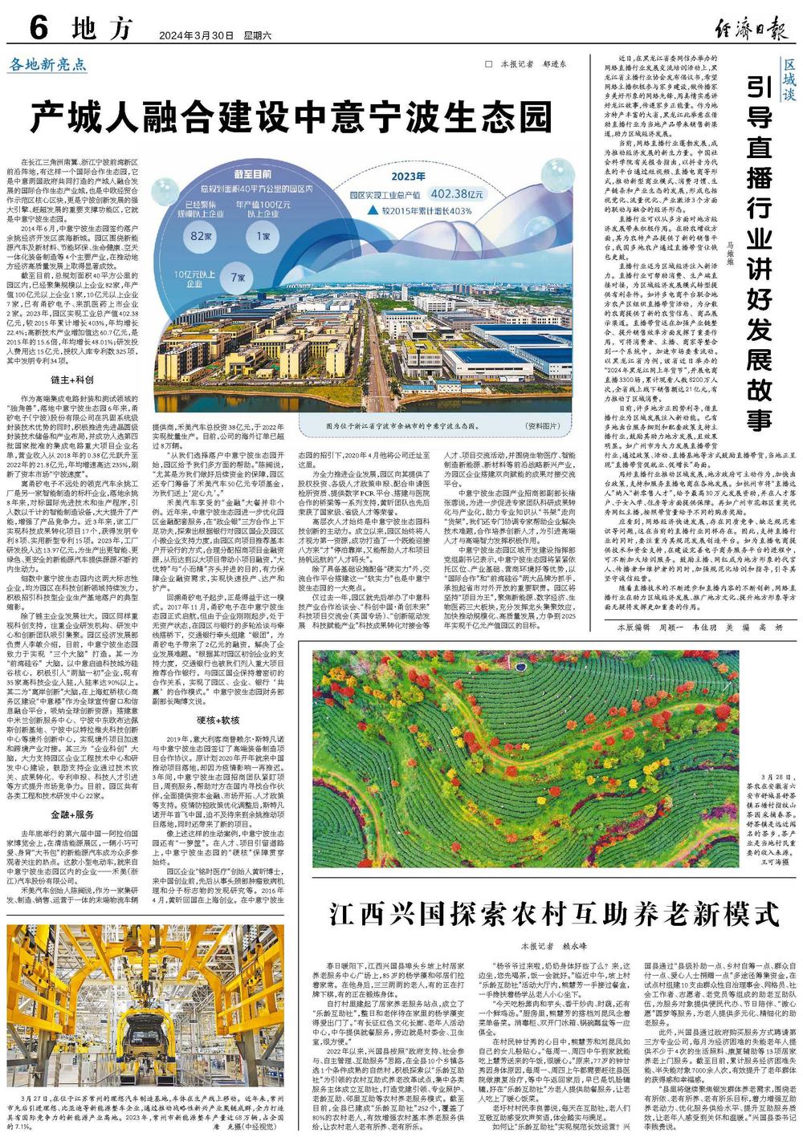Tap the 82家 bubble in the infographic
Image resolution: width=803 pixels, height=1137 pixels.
click(x=194, y=236)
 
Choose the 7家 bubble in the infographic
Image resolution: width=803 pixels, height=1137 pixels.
click(x=238, y=276)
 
